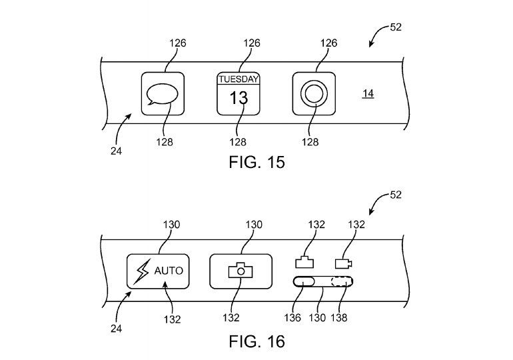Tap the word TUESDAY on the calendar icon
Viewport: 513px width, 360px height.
pos(239,79)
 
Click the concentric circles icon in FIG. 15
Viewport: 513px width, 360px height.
pos(314,94)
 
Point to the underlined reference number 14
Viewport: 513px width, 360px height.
pos(368,94)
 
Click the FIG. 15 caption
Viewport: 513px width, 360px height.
pos(256,162)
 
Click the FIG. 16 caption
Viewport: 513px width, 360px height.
pos(256,342)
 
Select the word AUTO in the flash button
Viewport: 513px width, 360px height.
pos(168,271)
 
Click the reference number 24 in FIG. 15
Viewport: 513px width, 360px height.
pos(117,151)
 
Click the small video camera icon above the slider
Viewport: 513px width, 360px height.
pos(344,263)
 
